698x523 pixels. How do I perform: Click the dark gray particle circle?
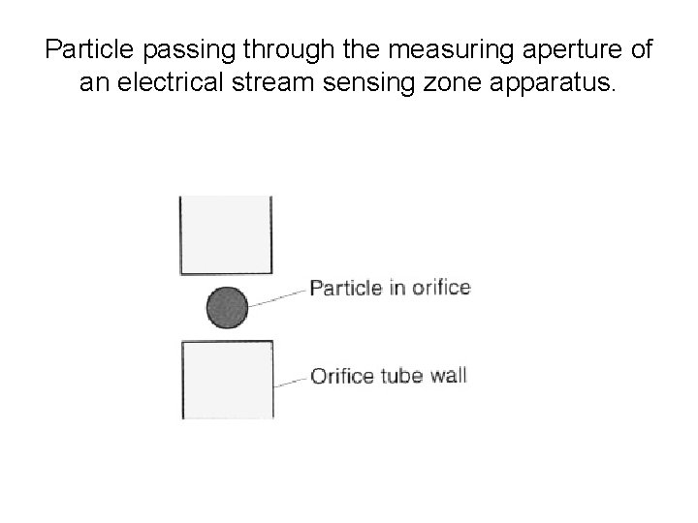[x=227, y=308]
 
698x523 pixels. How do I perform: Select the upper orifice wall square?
[x=226, y=235]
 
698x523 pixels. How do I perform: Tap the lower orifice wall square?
[x=227, y=381]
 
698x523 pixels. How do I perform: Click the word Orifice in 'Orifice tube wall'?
[x=341, y=376]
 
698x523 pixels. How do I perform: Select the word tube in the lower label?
[x=402, y=376]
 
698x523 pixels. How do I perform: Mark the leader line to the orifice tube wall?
[x=290, y=380]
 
